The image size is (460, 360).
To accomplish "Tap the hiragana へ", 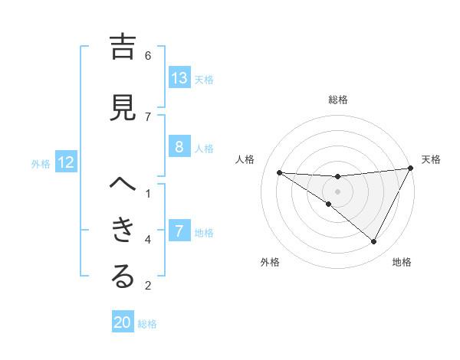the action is [x=123, y=185].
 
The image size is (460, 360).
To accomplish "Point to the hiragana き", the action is [x=123, y=230].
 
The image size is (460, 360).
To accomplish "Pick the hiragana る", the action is [x=123, y=277].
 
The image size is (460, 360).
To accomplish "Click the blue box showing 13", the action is [x=179, y=78].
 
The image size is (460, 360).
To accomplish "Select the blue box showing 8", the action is [x=179, y=147].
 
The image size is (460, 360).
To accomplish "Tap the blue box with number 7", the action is [x=179, y=231].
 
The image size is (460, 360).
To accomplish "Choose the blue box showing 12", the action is [x=66, y=162].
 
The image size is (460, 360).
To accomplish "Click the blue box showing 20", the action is [x=123, y=323].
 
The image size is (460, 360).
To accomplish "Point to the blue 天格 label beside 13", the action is [x=204, y=79].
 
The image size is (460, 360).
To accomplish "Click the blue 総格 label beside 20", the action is [x=147, y=324].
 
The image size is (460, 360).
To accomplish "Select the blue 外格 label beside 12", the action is [x=41, y=163].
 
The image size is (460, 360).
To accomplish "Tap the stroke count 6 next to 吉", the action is [x=148, y=55].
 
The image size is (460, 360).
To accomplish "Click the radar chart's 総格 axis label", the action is [x=337, y=100].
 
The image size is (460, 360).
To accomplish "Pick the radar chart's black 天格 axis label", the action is [x=432, y=159].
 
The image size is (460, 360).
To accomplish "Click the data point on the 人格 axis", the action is [x=279, y=172].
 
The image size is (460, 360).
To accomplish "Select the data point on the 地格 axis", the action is [x=373, y=242].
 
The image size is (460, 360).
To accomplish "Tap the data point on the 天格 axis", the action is [x=412, y=169].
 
